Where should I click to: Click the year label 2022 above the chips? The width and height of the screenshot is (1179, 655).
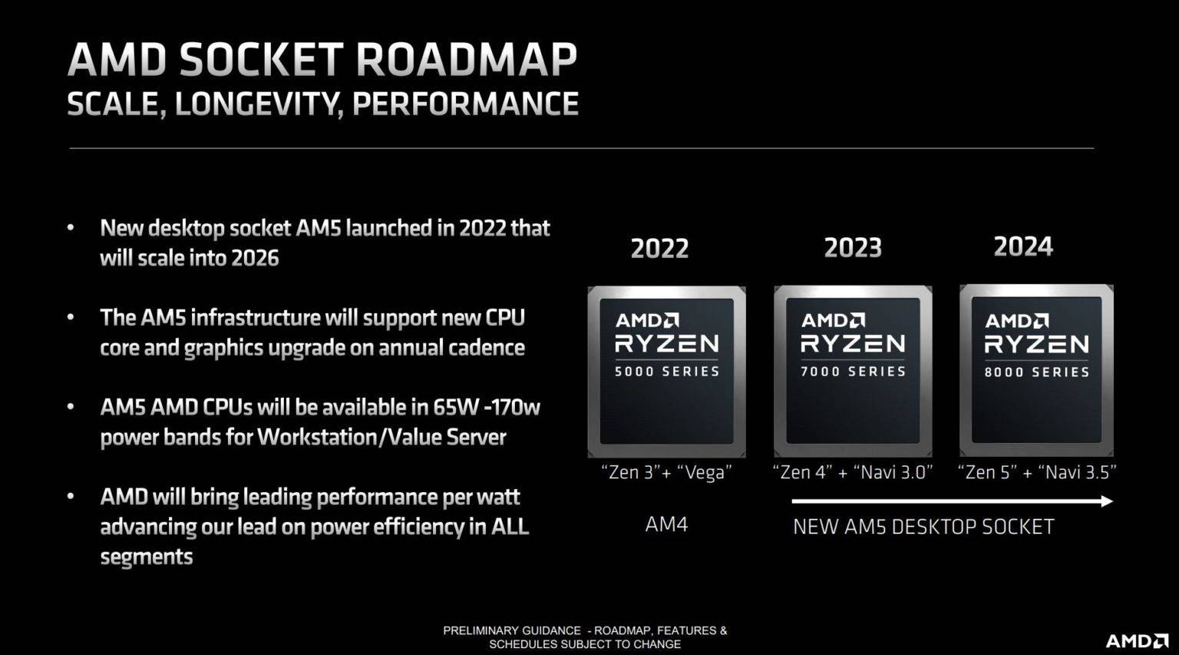[659, 248]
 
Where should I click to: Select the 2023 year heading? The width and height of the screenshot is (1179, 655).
[853, 247]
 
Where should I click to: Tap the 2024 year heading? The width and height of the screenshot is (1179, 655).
[1023, 246]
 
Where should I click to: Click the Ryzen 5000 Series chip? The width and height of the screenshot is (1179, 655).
[666, 372]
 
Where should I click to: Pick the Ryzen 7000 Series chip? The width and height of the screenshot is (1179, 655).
[853, 372]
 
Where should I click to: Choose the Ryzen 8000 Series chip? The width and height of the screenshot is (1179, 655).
[1036, 371]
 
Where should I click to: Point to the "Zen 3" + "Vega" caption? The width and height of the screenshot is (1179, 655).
[666, 472]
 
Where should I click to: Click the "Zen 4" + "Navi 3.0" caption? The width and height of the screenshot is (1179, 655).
[853, 472]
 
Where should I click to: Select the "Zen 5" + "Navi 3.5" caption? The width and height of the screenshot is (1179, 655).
[1036, 472]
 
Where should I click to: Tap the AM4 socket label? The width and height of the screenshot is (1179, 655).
[666, 524]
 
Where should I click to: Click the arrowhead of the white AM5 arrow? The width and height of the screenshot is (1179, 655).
[1106, 501]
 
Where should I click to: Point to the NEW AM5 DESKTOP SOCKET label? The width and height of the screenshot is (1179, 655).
[923, 527]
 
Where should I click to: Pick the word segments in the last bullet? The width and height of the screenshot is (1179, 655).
[146, 557]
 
